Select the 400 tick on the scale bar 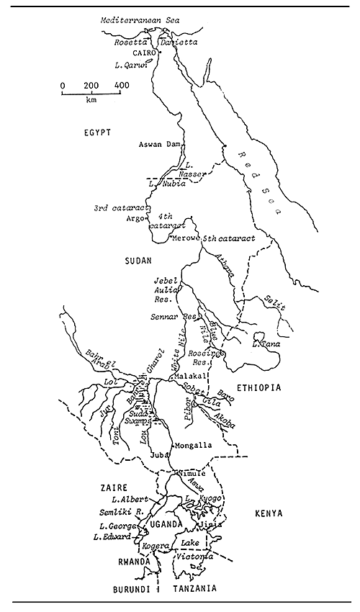pos(122,86)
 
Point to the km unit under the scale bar pos(91,101)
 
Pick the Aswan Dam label pos(160,145)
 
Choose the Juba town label pos(158,455)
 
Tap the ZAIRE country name pos(114,487)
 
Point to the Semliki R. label pos(119,512)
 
